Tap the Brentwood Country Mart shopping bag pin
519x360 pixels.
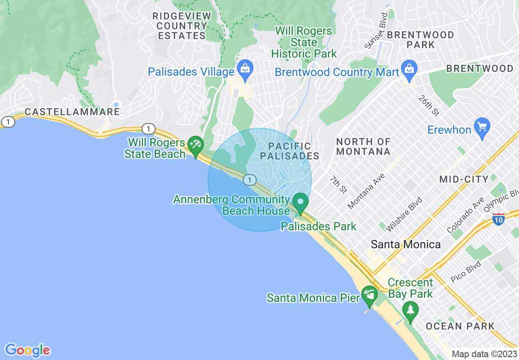(x=408, y=68)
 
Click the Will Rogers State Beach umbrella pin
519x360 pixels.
(x=195, y=145)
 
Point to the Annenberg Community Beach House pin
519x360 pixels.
(x=301, y=202)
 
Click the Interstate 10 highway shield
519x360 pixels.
(x=498, y=219)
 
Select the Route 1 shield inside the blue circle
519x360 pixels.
(x=249, y=180)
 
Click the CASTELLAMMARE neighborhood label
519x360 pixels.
(x=72, y=112)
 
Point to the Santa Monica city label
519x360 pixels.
(x=406, y=245)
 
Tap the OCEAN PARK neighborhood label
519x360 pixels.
(x=460, y=326)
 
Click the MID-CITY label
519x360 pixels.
(x=464, y=179)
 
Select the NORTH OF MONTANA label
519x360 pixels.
(x=363, y=147)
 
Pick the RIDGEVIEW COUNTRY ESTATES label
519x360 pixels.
(x=182, y=26)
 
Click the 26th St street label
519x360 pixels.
(x=429, y=106)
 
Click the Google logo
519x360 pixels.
(x=27, y=350)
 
